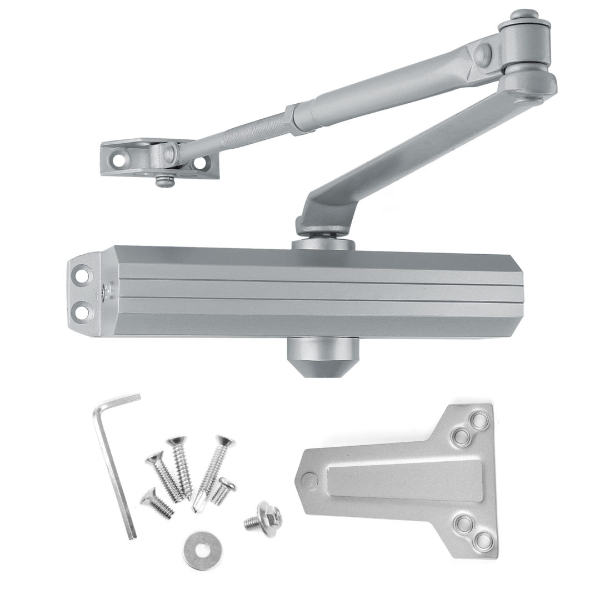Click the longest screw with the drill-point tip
214,471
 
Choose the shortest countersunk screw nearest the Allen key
156,502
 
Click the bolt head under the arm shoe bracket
162,181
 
